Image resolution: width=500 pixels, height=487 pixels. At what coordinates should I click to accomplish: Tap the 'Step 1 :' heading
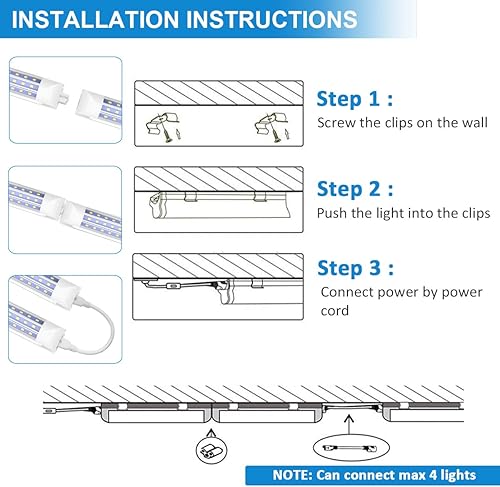pyautogui.click(x=352, y=99)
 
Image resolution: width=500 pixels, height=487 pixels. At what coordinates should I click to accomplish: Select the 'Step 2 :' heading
pyautogui.click(x=352, y=189)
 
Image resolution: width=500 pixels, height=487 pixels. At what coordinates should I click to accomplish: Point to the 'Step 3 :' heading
pyautogui.click(x=353, y=268)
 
